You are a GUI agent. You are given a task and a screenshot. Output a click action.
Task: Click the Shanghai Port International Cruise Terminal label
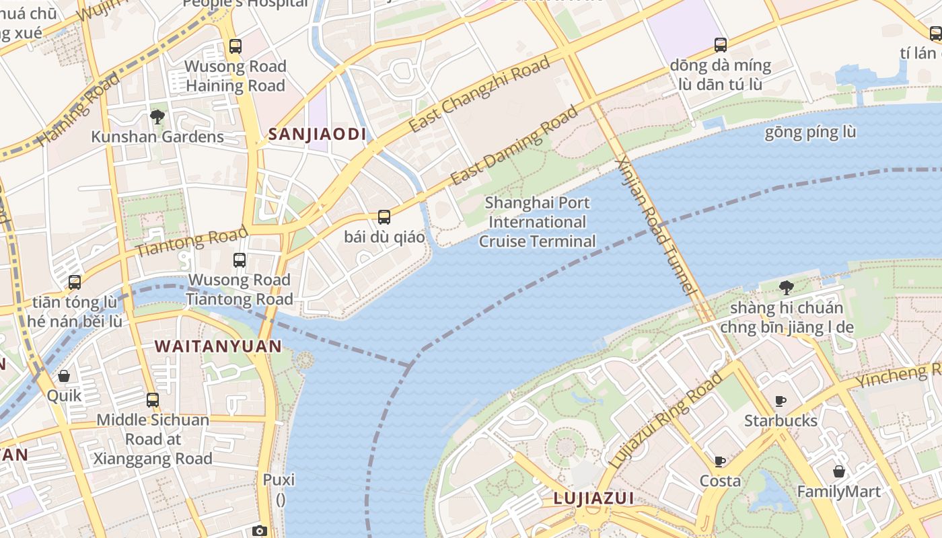pos(537,222)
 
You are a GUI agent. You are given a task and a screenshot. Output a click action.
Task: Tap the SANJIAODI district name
pos(318,134)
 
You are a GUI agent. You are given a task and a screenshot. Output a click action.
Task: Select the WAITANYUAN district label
pos(218,346)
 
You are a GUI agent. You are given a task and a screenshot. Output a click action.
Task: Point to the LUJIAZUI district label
pos(593,498)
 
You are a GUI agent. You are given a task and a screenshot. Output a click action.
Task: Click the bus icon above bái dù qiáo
pos(384,217)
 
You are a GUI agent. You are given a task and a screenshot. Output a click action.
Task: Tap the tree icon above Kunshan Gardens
pos(157,117)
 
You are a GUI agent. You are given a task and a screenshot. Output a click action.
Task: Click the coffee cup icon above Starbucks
pos(781,401)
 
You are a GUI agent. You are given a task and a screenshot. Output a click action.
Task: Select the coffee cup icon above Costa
pos(720,461)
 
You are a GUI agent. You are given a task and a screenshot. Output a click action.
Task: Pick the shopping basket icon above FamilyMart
pos(838,471)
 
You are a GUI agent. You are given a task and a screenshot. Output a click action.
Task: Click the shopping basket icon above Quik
pos(64,376)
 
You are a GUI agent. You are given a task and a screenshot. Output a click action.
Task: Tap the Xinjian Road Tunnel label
pos(654,226)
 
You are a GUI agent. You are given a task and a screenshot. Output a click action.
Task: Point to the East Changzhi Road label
pos(479,95)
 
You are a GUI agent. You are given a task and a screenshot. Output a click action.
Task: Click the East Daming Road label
pos(514,145)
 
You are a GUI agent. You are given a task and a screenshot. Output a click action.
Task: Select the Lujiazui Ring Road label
pos(665,420)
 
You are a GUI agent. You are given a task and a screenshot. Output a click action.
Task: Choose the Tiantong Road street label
pos(192,242)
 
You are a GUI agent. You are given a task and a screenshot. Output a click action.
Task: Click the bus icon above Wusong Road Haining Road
pos(235,46)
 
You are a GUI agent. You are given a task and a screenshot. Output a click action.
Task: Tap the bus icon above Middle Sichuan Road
pos(153,400)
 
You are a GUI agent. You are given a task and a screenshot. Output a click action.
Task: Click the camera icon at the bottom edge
pos(260,531)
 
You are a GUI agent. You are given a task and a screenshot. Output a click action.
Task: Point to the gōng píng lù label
pos(810,132)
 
